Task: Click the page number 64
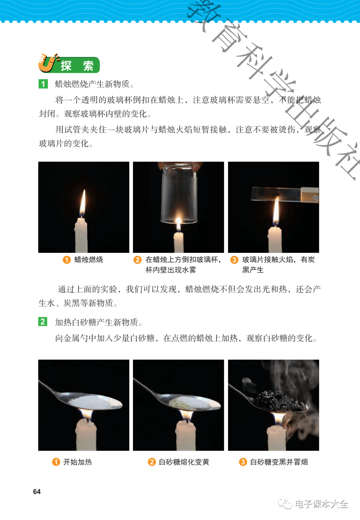(37, 491)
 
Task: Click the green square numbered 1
(43, 84)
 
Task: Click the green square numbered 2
(43, 322)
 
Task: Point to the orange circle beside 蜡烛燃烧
(67, 259)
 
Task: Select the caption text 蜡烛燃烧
(89, 259)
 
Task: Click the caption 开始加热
(77, 462)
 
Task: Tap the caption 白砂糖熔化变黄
(184, 462)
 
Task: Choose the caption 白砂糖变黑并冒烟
(279, 462)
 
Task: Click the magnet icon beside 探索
(48, 63)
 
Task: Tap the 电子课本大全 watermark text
(322, 504)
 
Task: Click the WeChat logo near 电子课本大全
(285, 503)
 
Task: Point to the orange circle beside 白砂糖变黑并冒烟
(243, 462)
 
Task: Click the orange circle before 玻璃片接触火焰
(234, 259)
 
